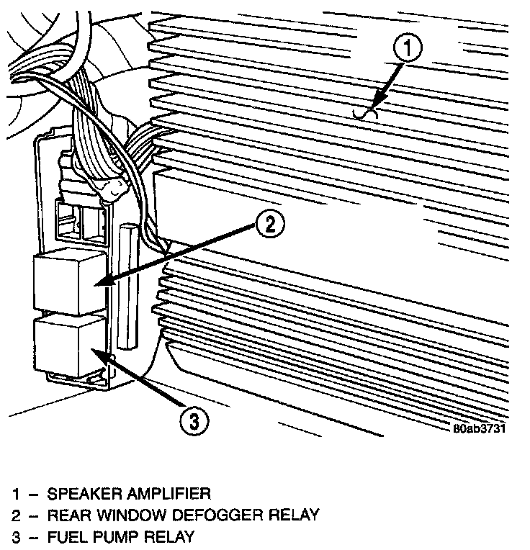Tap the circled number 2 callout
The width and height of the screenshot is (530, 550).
267,225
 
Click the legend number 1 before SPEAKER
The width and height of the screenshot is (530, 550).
15,494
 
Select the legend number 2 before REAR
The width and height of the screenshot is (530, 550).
15,515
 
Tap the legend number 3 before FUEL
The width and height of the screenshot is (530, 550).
15,537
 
